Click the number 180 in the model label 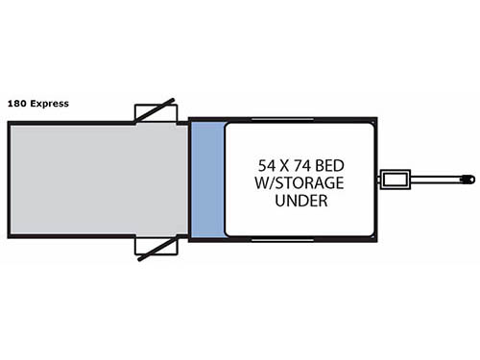(x=16, y=103)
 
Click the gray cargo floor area (x=96, y=180)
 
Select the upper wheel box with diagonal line (x=155, y=110)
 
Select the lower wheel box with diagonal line (x=155, y=249)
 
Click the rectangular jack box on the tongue (x=395, y=179)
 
